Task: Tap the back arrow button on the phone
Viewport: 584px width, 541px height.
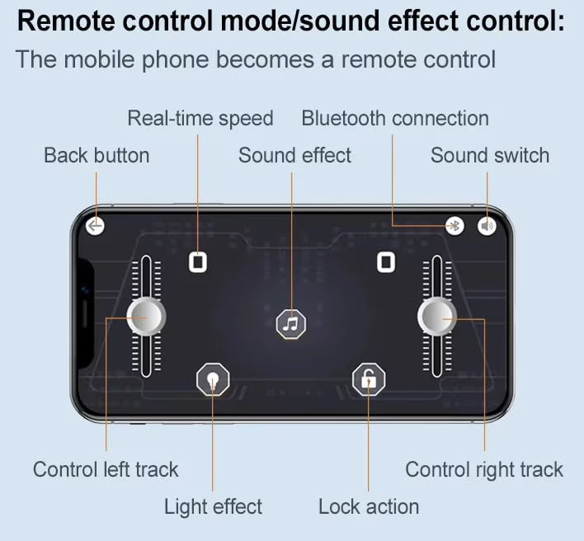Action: pos(95,226)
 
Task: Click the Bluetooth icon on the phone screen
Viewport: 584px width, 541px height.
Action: pos(454,226)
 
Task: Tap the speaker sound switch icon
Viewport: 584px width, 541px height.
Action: pos(487,226)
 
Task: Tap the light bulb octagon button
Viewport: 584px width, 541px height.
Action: pos(213,379)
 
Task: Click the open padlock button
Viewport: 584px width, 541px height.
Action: pos(369,379)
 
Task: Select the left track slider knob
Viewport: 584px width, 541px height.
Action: pos(146,317)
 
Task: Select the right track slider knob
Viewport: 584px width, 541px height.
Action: pos(437,317)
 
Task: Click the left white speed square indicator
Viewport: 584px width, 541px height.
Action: pos(198,262)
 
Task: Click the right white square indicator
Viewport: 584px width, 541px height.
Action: pos(386,262)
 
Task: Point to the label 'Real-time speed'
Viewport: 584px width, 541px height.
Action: pos(200,119)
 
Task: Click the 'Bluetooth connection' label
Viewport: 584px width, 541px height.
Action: pos(395,119)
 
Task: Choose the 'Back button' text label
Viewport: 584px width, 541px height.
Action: pos(97,155)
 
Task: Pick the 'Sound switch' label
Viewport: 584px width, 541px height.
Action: pos(490,155)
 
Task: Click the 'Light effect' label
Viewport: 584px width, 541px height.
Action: pos(213,506)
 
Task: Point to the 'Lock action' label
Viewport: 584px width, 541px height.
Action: pos(369,506)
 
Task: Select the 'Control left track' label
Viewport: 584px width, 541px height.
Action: pos(106,469)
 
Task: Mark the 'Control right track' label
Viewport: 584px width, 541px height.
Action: pos(484,470)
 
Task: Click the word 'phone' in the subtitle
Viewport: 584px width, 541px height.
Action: pos(176,60)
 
